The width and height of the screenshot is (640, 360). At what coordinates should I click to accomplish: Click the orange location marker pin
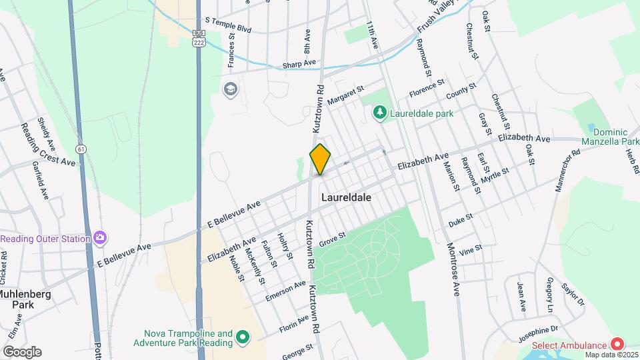[x=320, y=159]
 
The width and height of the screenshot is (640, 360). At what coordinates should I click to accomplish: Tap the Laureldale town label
[x=345, y=198]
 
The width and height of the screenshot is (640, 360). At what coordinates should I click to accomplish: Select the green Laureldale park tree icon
[x=379, y=113]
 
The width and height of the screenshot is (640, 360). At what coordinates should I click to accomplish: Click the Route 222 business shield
[x=198, y=37]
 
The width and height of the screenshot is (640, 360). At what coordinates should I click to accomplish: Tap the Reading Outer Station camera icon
[x=100, y=238]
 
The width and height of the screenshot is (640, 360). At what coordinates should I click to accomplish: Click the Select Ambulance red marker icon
[x=617, y=345]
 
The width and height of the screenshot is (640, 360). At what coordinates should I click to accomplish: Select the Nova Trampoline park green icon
[x=243, y=338]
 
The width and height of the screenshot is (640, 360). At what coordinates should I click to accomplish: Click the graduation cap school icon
[x=231, y=89]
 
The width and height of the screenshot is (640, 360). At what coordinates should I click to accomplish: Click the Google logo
[x=21, y=351]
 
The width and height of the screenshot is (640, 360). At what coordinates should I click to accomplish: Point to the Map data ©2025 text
[x=611, y=354]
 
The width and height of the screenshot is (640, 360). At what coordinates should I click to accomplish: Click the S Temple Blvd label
[x=229, y=29]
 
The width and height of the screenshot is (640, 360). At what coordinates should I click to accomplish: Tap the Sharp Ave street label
[x=299, y=64]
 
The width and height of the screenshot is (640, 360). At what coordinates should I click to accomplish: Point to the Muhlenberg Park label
[x=23, y=299]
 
